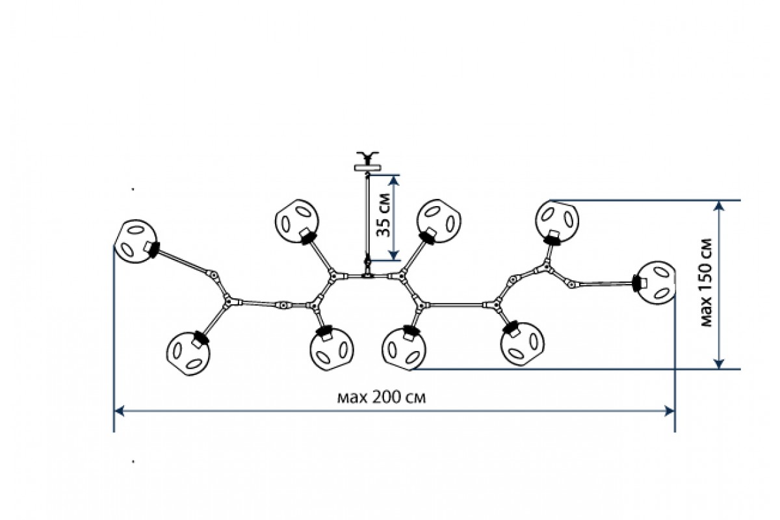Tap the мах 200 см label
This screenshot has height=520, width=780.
(382, 397)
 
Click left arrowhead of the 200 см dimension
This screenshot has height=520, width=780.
(120, 411)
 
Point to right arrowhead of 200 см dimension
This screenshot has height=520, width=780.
(670, 411)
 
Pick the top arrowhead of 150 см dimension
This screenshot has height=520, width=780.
(719, 206)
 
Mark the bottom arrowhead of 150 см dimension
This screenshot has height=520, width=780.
(719, 364)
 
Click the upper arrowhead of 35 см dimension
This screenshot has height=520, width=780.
(393, 180)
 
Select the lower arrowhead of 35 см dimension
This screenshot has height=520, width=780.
(393, 255)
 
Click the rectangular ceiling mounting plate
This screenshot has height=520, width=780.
(368, 168)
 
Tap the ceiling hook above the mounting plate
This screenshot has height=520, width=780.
(367, 158)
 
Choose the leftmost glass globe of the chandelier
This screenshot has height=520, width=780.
(136, 241)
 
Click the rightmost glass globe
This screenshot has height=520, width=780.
(655, 283)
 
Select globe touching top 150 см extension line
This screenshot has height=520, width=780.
(556, 222)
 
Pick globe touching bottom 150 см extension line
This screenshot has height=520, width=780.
(404, 348)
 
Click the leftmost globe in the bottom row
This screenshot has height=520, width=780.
(188, 353)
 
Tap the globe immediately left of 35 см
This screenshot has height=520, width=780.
(297, 222)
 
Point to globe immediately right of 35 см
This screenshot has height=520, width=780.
(439, 222)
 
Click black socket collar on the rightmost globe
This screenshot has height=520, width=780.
(636, 283)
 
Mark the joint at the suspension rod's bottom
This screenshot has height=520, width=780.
(367, 261)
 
